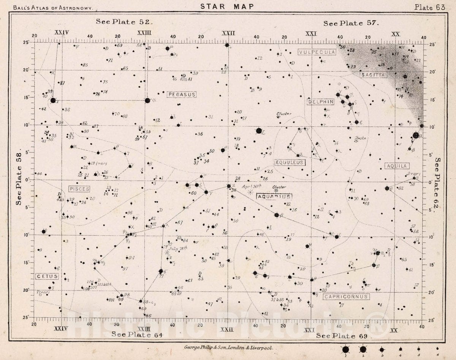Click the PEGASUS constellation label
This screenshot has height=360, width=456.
click(x=182, y=94)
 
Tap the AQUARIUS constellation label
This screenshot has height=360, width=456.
click(x=274, y=196)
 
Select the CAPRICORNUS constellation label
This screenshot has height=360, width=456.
click(x=346, y=296)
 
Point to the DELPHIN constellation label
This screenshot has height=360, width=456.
click(x=321, y=102)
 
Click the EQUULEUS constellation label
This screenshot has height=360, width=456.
click(x=290, y=162)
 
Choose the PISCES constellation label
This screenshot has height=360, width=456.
click(x=79, y=189)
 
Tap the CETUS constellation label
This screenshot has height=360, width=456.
click(x=47, y=276)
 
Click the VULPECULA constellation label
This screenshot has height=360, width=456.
click(x=317, y=52)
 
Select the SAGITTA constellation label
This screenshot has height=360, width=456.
click(x=374, y=75)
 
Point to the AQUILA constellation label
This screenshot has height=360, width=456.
click(x=397, y=166)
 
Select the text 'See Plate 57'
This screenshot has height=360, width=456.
click(x=351, y=23)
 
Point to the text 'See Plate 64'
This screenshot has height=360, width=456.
click(x=137, y=335)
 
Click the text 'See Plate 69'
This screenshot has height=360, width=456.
click(x=341, y=336)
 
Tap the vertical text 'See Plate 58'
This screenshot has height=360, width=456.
click(x=18, y=180)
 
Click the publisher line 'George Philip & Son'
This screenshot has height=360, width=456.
click(x=227, y=347)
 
